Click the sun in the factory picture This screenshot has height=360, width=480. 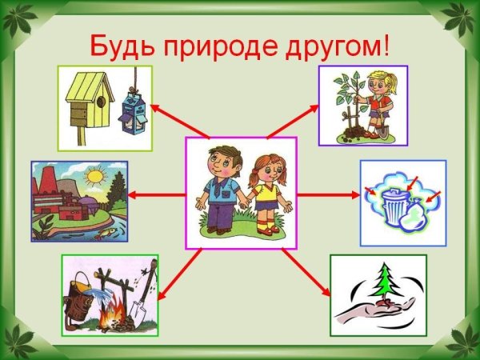(x=94, y=175)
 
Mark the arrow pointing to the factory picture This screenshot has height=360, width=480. (x=156, y=194)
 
